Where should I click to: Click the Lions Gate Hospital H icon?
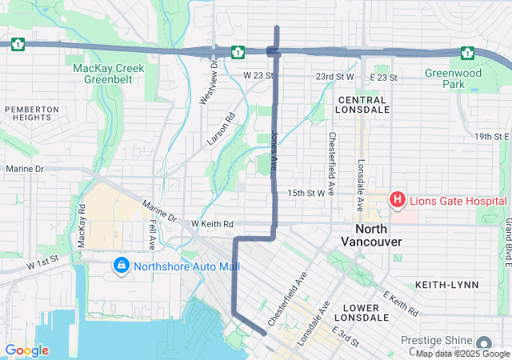point(396,199)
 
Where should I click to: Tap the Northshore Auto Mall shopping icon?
point(120,264)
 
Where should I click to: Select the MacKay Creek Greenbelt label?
point(109,74)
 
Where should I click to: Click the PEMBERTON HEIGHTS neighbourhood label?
point(32,113)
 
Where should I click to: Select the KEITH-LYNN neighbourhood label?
point(446,284)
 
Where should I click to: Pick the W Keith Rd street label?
point(212,224)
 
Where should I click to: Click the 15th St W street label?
point(306,193)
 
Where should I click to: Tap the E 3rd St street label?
point(346,335)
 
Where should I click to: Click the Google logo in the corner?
point(26,350)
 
